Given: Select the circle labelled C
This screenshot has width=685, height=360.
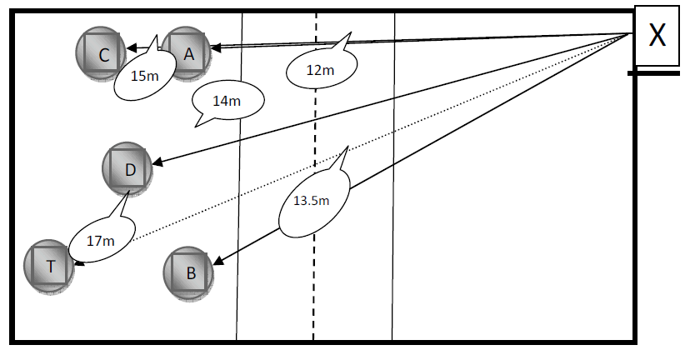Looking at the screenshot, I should click(x=102, y=55).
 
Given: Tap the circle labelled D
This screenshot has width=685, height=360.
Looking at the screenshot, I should click(x=129, y=170).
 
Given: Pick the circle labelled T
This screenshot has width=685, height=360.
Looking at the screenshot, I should click(x=51, y=267).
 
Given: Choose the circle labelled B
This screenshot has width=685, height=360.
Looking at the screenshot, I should click(x=190, y=272).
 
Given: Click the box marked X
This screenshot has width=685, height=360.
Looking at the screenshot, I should click(x=657, y=36).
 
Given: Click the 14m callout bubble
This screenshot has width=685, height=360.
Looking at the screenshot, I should click(x=227, y=102).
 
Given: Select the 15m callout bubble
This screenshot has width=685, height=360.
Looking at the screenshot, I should click(x=144, y=75).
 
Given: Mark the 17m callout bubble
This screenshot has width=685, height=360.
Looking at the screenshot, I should click(x=100, y=240).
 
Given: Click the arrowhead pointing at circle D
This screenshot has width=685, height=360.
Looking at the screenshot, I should click(x=156, y=163).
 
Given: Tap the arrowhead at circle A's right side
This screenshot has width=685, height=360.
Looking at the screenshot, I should click(x=215, y=47).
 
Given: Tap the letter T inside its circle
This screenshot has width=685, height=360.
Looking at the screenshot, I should click(x=51, y=267).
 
